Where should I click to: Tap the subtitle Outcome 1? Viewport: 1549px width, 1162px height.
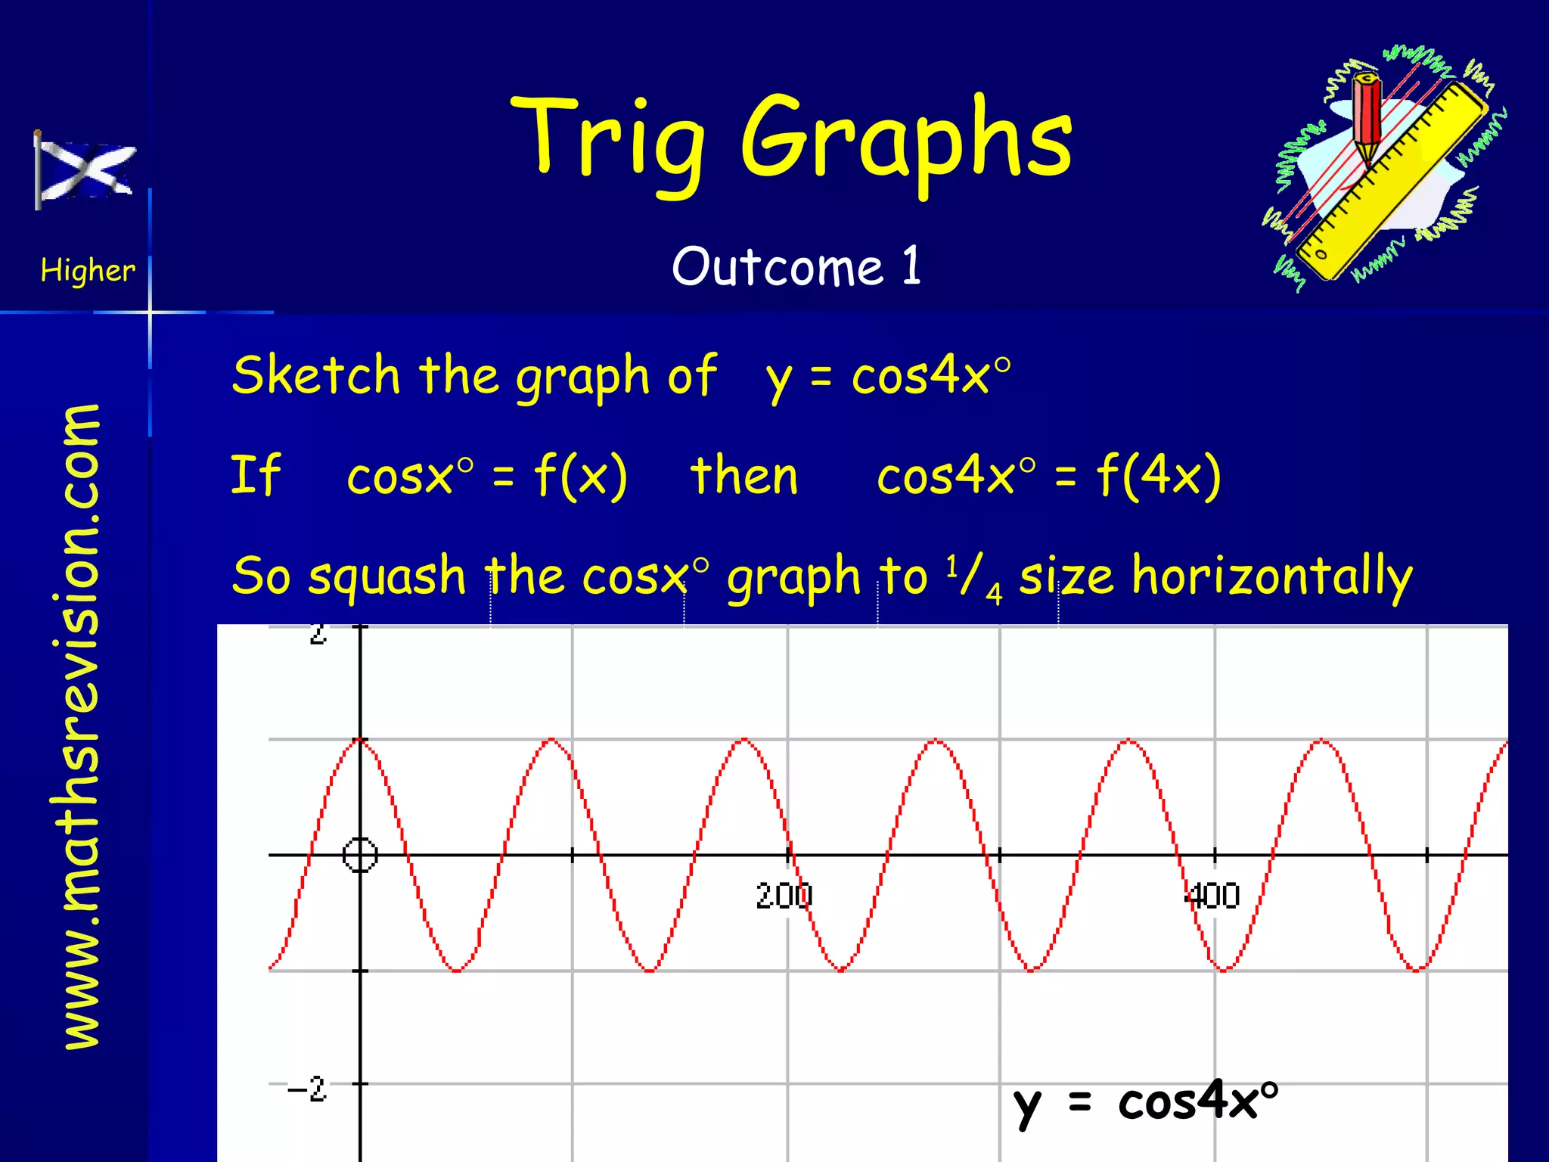[796, 267]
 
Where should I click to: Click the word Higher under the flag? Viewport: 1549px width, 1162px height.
[88, 270]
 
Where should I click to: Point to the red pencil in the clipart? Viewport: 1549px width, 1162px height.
[1367, 117]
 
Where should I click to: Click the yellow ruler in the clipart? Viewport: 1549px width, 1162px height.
[1392, 182]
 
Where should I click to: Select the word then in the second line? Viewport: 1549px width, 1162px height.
[744, 476]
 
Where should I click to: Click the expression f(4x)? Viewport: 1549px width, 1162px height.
[1159, 476]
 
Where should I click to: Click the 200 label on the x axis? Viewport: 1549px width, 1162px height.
[784, 896]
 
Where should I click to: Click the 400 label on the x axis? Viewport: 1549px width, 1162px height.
[1212, 896]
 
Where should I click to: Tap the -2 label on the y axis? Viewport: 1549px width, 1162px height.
[307, 1089]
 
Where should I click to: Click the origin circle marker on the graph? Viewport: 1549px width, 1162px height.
[360, 855]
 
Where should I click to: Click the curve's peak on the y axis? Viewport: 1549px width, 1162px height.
[360, 739]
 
